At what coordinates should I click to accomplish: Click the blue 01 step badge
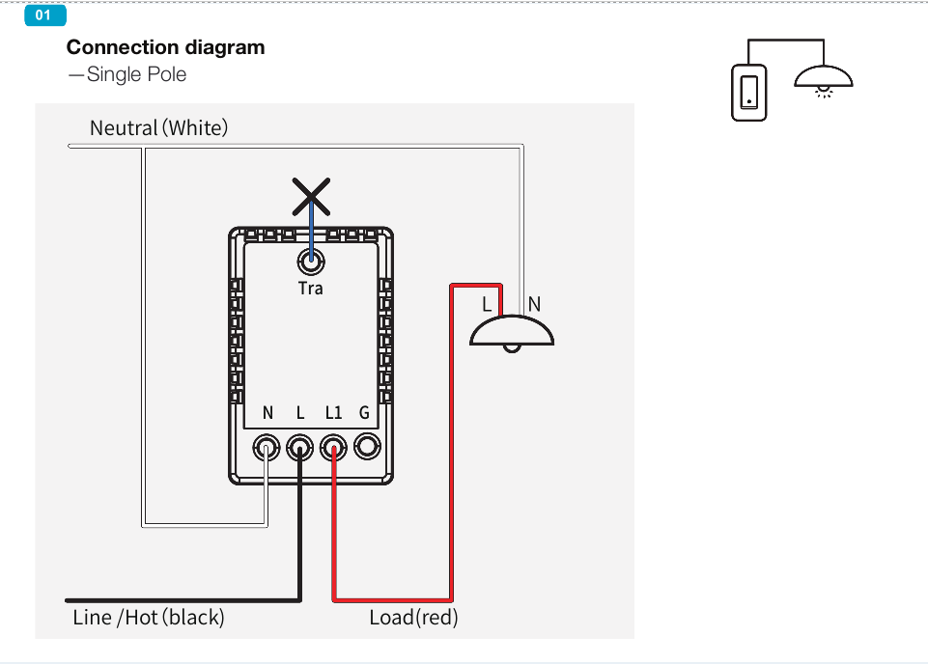pos(44,15)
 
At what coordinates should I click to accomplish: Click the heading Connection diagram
pos(165,47)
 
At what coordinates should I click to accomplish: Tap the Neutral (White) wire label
pos(158,127)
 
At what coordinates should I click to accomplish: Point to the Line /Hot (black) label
pos(148,618)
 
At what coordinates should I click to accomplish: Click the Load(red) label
pos(413,618)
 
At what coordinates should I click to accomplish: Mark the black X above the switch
pos(311,196)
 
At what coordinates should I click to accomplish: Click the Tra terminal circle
pos(311,261)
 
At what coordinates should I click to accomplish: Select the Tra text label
pos(311,288)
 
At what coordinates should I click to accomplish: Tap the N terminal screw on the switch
pos(267,447)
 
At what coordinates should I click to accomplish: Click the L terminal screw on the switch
pos(300,447)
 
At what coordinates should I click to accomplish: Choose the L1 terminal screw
pos(333,447)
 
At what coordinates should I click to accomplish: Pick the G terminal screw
pos(366,447)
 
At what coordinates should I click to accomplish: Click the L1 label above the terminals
pos(333,413)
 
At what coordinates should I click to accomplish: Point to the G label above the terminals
pos(364,413)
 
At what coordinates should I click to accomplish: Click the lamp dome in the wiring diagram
pos(512,331)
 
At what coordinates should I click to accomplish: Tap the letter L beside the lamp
pos(488,304)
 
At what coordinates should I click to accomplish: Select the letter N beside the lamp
pos(534,304)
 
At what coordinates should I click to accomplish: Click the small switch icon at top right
pos(748,93)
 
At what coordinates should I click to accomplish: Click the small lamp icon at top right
pos(824,79)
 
